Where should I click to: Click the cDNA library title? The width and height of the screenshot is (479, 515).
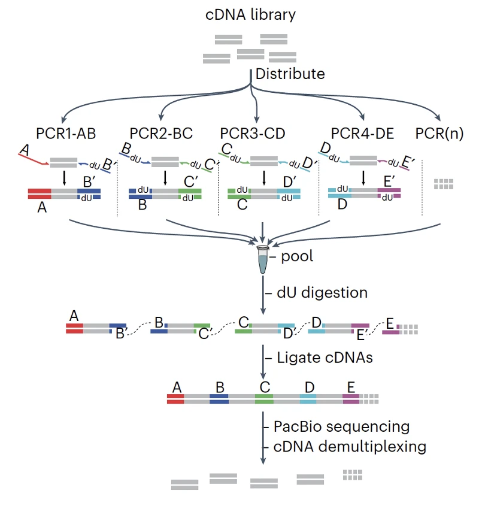[x=250, y=15]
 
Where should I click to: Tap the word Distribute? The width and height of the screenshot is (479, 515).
[x=290, y=74]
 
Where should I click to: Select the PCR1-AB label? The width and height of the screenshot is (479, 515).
[x=66, y=134]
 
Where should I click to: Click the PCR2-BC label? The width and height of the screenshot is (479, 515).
[x=161, y=134]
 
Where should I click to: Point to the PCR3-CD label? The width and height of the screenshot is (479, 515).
[x=253, y=134]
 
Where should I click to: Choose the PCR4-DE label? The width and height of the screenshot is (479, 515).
[x=362, y=134]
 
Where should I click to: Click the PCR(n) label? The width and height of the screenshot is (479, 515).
[x=439, y=134]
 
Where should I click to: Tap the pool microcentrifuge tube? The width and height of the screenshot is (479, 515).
[x=263, y=259]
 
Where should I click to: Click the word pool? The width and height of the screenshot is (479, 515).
[x=297, y=256]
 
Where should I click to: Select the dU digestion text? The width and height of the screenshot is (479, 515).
[x=322, y=292]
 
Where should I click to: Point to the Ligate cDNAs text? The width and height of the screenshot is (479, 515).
[x=325, y=358]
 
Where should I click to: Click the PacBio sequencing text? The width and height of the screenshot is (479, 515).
[x=341, y=426]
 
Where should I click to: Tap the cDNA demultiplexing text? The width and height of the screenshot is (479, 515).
[x=350, y=447]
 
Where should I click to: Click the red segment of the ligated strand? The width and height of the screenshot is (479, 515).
[x=175, y=399]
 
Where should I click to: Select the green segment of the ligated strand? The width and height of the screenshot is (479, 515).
[x=264, y=399]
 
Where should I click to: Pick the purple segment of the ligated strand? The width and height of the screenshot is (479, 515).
[x=351, y=399]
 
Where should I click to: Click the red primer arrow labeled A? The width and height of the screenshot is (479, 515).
[x=34, y=159]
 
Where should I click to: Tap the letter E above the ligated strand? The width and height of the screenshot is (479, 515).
[x=351, y=387]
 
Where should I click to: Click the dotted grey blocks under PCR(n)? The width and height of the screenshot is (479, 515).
[x=444, y=184]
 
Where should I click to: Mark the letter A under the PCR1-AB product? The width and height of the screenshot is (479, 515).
[x=42, y=207]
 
